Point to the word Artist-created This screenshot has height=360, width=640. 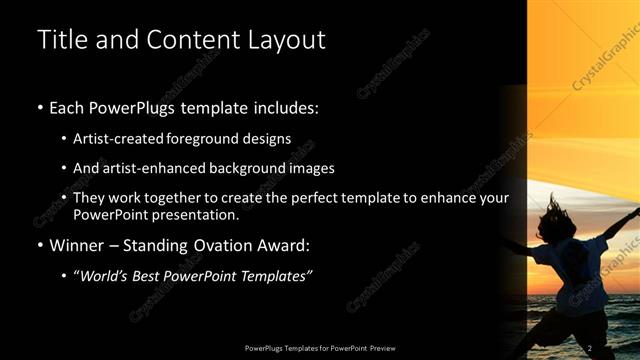(x=125, y=138)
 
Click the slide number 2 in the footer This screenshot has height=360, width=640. (x=590, y=347)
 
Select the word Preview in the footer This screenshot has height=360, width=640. (x=379, y=348)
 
